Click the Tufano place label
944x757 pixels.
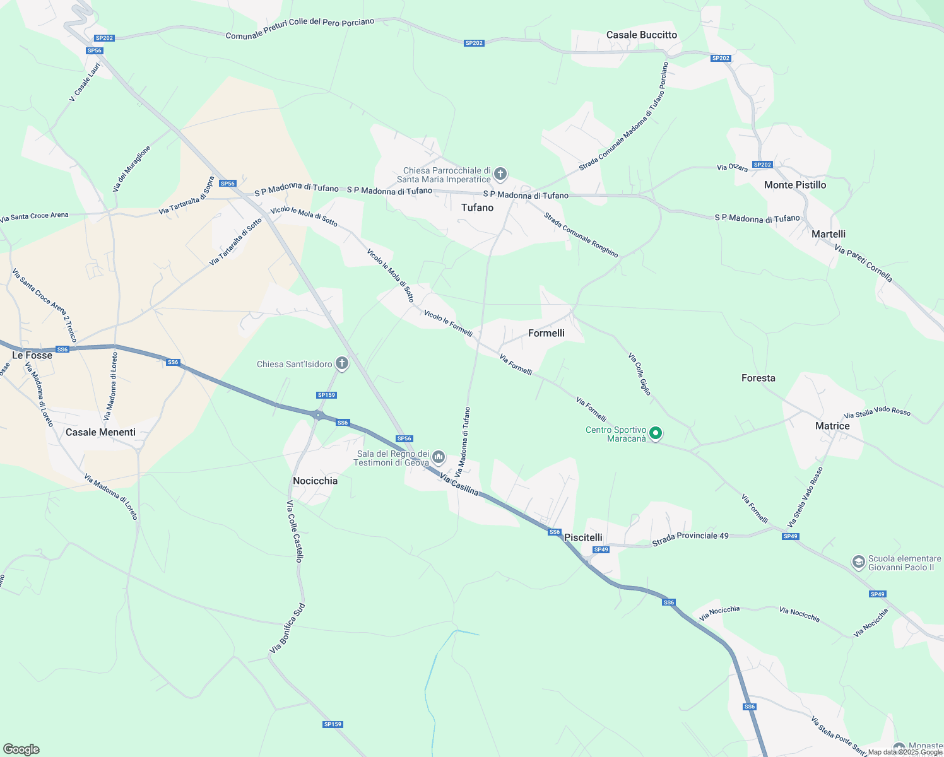(477, 208)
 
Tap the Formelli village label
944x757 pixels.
(546, 333)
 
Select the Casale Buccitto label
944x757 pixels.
(641, 35)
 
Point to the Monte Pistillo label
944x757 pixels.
(794, 185)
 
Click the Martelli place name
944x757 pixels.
(828, 234)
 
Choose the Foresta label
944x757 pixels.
(758, 378)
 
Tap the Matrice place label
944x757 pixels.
(832, 426)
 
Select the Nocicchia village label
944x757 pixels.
(315, 481)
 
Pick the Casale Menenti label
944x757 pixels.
(100, 432)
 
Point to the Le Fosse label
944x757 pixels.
(32, 355)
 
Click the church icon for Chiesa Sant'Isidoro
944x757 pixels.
(342, 363)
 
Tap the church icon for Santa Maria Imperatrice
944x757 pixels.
(500, 173)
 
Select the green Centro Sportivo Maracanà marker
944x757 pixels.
(656, 433)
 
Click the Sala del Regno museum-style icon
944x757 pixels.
(439, 457)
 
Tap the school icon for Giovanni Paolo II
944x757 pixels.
(858, 561)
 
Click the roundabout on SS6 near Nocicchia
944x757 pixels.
(318, 414)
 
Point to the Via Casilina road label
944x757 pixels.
(459, 485)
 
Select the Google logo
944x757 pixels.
(21, 749)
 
